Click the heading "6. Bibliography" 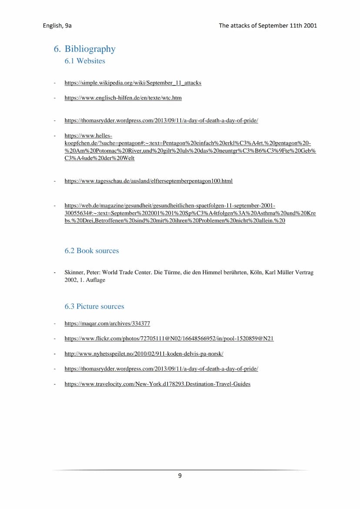(x=85, y=49)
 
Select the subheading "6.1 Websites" (x=85, y=61)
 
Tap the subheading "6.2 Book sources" (x=91, y=250)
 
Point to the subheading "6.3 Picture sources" (x=94, y=306)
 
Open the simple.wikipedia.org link (x=133, y=83)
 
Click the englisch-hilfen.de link (x=123, y=98)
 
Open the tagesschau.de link (x=148, y=181)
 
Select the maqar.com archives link (x=107, y=323)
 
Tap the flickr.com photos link (x=169, y=338)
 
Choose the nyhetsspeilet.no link (x=143, y=354)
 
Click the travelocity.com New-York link (x=157, y=384)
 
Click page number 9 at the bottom (x=180, y=476)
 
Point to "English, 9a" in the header (x=57, y=26)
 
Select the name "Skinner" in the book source (x=74, y=273)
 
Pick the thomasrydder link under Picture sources (x=161, y=369)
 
